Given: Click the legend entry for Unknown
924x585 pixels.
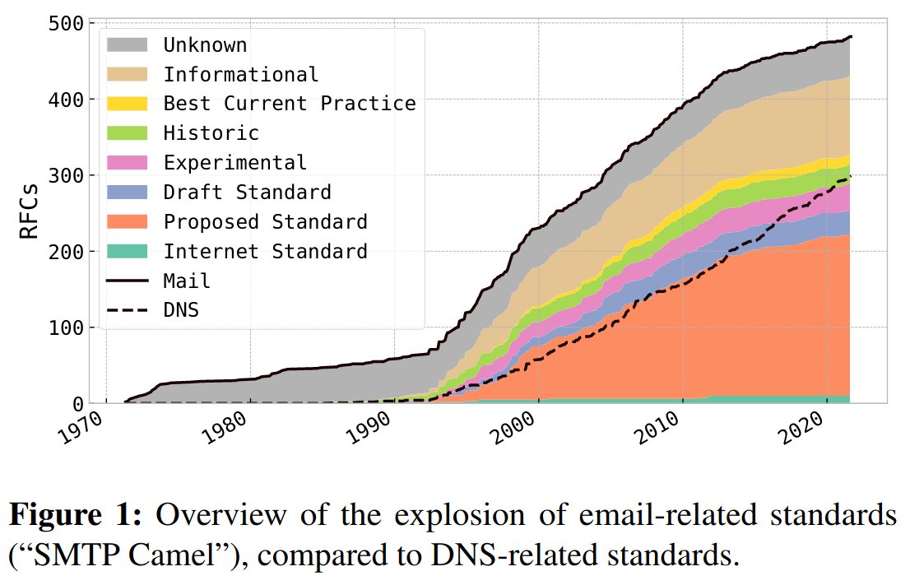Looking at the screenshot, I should coord(204,44).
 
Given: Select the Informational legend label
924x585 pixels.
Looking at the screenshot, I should coord(240,74).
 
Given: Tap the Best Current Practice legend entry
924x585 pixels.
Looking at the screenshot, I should coord(289,104).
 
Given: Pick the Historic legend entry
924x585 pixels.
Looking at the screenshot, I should coord(211,133).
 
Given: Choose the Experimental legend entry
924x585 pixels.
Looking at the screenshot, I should coord(234,163).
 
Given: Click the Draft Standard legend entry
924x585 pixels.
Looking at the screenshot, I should coord(247,193).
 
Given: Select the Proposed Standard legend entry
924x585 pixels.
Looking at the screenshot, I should coord(265,222).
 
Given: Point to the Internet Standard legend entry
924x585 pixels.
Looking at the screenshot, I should coord(265,252).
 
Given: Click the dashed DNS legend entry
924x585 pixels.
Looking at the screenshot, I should coord(181,311).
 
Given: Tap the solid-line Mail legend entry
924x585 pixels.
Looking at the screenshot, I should coord(187,281).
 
